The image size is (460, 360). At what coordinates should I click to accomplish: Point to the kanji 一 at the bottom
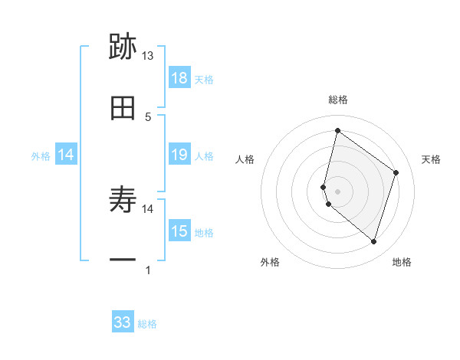[123, 260]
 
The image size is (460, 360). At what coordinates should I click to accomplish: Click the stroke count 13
[148, 56]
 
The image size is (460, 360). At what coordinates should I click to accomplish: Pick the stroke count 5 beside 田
[148, 116]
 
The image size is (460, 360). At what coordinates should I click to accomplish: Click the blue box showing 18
[179, 78]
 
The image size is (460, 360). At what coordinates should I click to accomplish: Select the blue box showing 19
[179, 155]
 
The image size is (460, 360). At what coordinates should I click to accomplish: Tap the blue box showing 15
[179, 231]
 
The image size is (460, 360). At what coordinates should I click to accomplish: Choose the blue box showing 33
[123, 322]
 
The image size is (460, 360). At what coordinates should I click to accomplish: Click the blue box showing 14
[66, 155]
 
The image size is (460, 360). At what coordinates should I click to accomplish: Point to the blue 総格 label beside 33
[148, 324]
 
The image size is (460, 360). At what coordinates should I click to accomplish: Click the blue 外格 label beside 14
[41, 156]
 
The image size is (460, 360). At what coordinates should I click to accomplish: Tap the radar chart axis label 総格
[338, 100]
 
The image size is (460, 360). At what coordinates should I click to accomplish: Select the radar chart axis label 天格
[432, 159]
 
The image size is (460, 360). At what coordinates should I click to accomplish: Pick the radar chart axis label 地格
[402, 262]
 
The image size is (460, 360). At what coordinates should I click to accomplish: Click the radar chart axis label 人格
[245, 159]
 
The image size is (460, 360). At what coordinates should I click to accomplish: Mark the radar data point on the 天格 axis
[396, 172]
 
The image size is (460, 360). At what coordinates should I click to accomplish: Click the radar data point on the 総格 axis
[337, 131]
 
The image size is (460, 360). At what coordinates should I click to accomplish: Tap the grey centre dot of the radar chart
[337, 191]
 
